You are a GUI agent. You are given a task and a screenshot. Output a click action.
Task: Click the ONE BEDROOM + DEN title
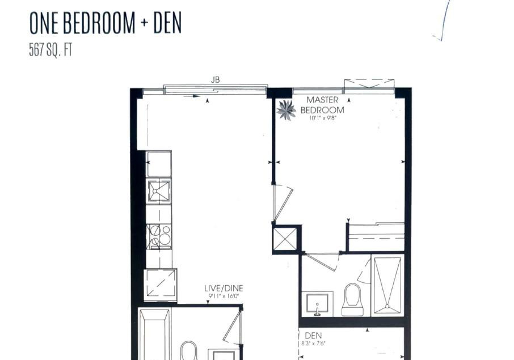pos(106,23)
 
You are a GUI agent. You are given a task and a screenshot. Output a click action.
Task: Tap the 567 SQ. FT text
pos(50,50)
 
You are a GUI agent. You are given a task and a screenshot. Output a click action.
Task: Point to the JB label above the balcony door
pos(215,79)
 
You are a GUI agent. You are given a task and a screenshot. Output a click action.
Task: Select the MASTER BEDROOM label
pos(322,105)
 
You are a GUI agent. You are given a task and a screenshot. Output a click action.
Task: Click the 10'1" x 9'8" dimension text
pos(323,118)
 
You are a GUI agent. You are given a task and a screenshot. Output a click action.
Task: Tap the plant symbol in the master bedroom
pos(286,110)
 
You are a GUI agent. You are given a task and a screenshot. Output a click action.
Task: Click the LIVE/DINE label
pos(224,288)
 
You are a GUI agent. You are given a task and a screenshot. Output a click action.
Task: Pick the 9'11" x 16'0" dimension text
pos(224,297)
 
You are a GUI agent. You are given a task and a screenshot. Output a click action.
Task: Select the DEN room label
pos(313,336)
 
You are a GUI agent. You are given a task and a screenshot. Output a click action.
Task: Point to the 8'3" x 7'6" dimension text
pos(313,344)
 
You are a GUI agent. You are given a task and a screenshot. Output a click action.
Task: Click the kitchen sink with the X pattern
pos(159,190)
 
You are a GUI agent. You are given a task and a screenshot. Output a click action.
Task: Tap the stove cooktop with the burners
pos(159,236)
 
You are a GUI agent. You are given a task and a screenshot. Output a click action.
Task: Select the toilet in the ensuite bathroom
pos(353,300)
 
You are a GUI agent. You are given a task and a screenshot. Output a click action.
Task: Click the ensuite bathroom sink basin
pos(317,304)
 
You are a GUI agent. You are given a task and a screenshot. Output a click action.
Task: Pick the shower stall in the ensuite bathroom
pos(387,285)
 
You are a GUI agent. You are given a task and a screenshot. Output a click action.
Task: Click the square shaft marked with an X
pos(285,239)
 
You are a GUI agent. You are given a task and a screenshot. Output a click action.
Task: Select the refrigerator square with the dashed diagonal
pos(161,285)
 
